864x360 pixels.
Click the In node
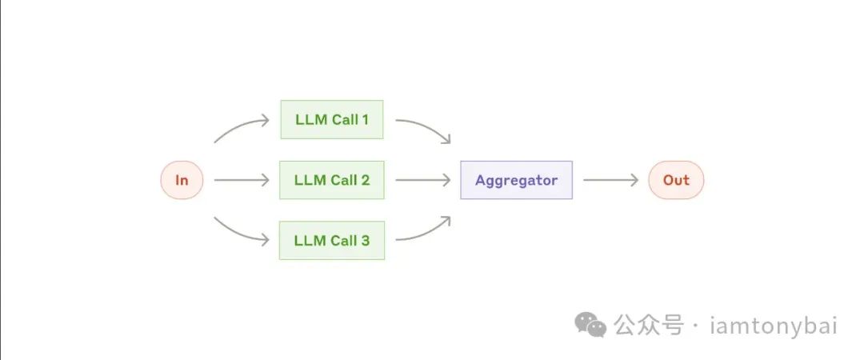tap(182, 180)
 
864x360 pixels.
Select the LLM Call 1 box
tap(332, 120)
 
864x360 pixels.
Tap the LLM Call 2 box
tap(332, 180)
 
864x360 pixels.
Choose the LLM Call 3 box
tap(332, 240)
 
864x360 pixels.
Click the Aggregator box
tap(516, 180)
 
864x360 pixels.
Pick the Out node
tap(676, 180)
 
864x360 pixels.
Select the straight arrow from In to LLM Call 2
tap(242, 180)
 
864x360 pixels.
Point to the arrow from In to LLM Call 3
tap(240, 231)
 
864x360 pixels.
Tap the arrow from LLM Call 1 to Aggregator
tap(424, 129)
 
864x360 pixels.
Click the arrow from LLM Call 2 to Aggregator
tap(422, 180)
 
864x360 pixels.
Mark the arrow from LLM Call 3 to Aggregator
tap(424, 231)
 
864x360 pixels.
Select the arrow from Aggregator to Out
tap(610, 180)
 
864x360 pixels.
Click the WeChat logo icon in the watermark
tap(593, 325)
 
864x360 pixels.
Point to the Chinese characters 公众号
tap(649, 326)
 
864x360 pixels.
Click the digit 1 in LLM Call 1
tap(365, 120)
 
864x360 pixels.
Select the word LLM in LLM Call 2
tap(309, 180)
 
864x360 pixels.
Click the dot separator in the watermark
tap(694, 326)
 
